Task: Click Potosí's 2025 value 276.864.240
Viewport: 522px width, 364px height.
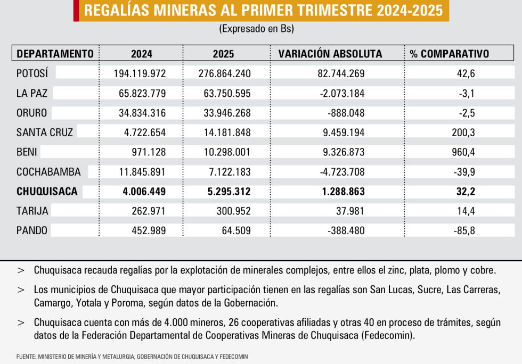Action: [225, 73]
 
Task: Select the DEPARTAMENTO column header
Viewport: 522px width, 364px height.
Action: [55, 54]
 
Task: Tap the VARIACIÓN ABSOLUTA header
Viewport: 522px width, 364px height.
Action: [330, 54]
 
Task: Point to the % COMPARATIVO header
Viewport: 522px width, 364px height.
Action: [450, 54]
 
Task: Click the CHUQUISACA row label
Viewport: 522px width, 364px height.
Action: [47, 192]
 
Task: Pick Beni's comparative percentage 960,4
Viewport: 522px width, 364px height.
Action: [463, 152]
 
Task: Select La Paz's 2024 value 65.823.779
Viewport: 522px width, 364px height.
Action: [142, 93]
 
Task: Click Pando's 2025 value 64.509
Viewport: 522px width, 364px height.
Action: [236, 230]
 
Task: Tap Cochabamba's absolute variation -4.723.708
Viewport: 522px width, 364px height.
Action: [342, 172]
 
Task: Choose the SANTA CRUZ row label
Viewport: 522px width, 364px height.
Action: [45, 133]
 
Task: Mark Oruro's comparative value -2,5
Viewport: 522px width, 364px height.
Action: [467, 113]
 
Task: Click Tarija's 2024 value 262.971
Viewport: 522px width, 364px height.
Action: [149, 211]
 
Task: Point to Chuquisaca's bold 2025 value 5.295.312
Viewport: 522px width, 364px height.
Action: [229, 192]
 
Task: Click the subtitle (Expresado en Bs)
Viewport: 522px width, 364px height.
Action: [256, 29]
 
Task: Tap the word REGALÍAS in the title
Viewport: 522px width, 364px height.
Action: [117, 10]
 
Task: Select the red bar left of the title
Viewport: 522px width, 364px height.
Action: [76, 11]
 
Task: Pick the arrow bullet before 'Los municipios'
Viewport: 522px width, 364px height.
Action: [21, 290]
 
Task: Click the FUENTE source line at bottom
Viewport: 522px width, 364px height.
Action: [132, 357]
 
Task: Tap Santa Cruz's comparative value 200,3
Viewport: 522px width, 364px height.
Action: [463, 133]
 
